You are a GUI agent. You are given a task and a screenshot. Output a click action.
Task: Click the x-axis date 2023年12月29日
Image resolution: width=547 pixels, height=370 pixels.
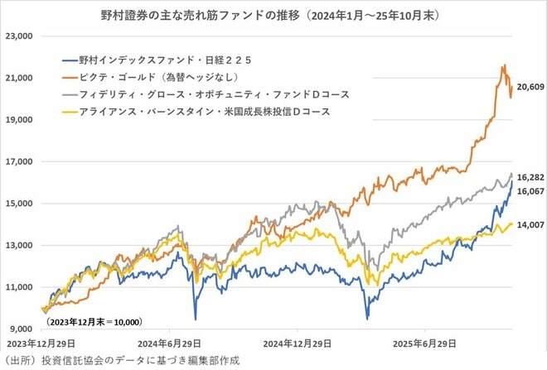click(x=41, y=342)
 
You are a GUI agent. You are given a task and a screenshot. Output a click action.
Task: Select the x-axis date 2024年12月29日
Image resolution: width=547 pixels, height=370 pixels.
click(x=296, y=342)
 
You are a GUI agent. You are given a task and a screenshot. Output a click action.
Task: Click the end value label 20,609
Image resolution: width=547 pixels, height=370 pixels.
click(x=528, y=87)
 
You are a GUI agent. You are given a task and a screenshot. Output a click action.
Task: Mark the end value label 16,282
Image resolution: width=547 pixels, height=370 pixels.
click(x=528, y=177)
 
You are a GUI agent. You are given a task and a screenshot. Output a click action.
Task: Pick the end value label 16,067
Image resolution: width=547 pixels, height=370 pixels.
click(x=528, y=190)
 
